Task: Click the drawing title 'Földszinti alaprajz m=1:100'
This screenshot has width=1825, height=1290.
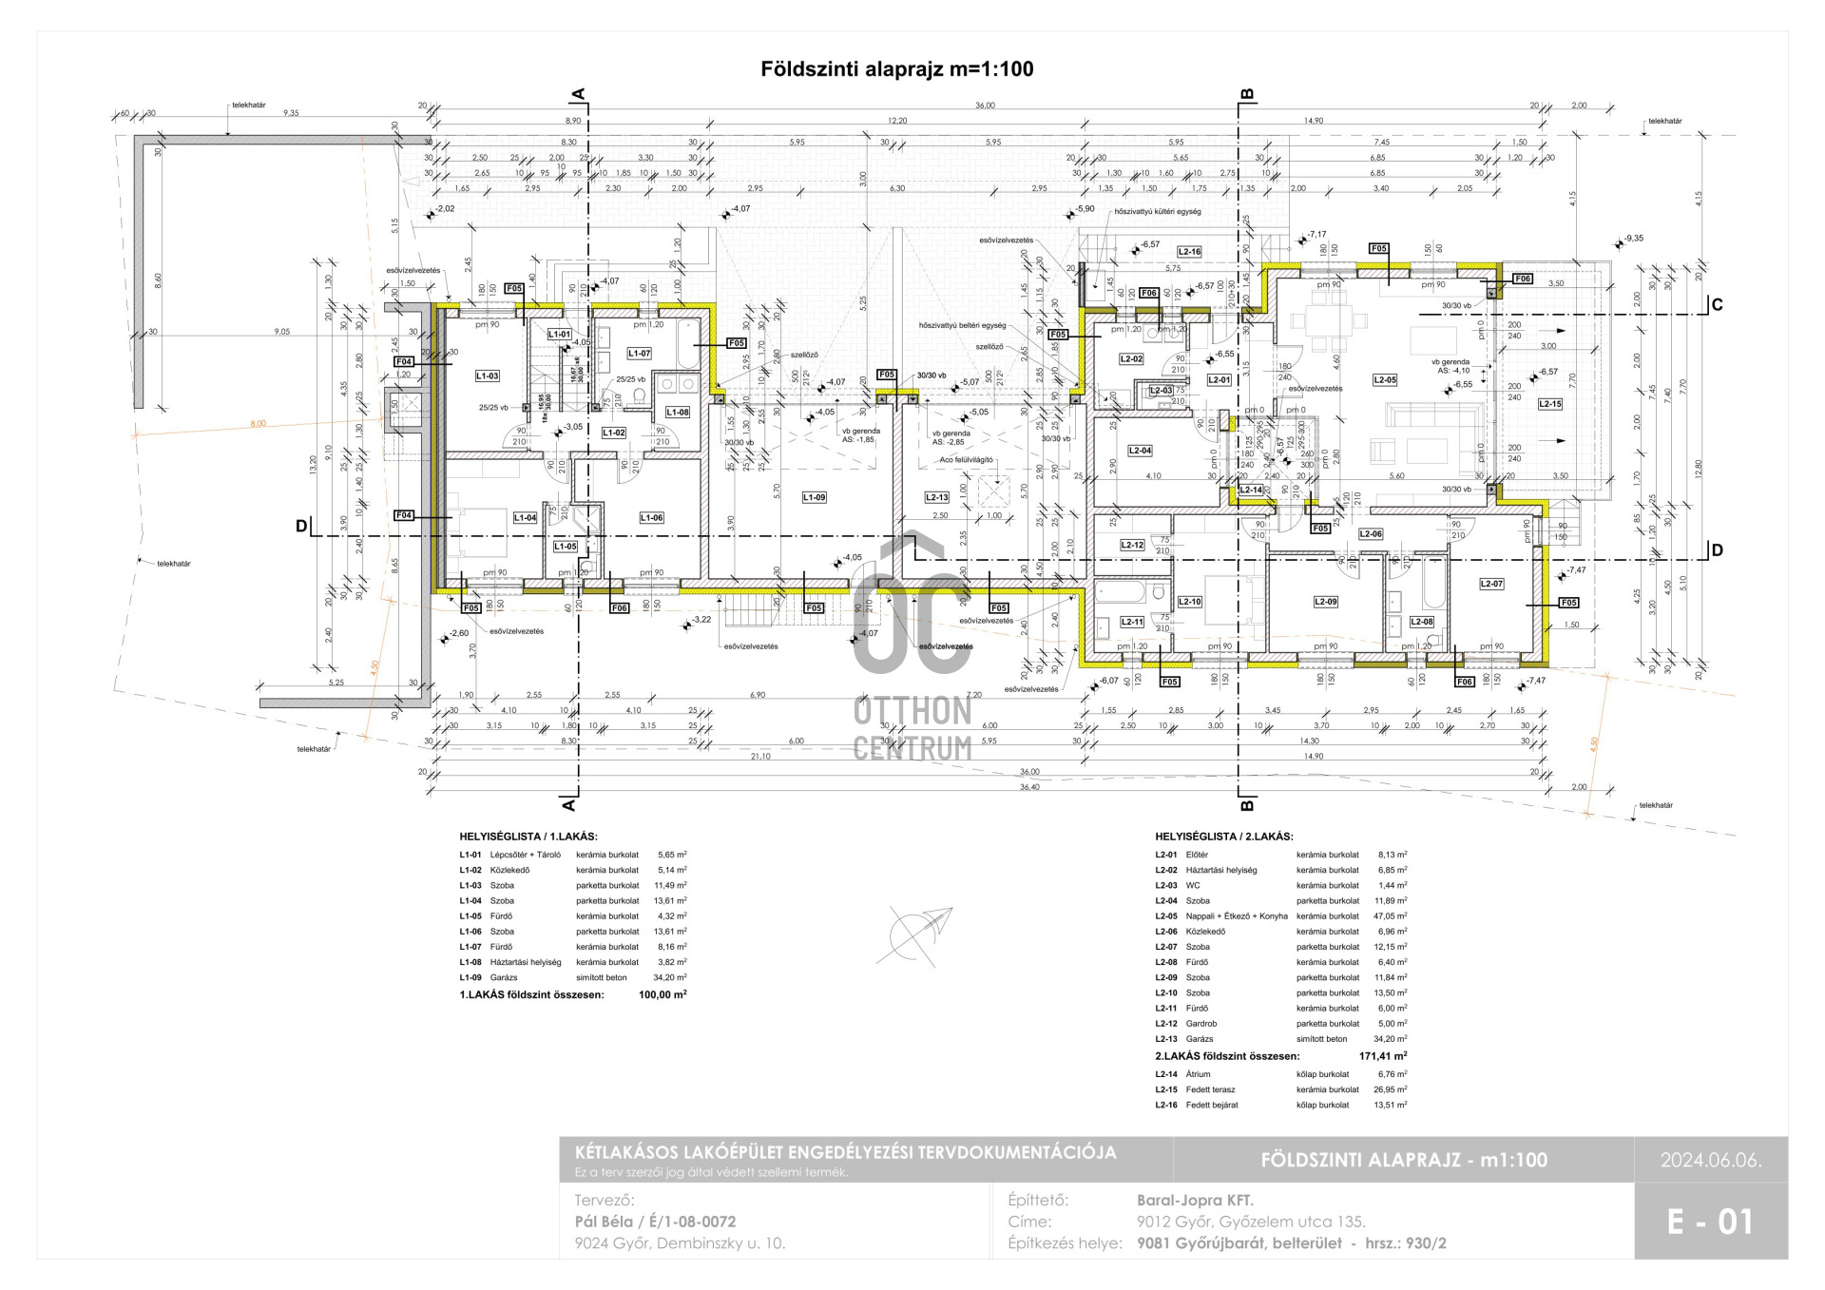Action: [896, 69]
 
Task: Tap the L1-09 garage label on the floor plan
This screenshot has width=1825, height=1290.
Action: [814, 497]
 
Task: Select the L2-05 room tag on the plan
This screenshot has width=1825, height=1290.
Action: [1385, 379]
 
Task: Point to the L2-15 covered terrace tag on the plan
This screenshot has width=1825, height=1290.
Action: [1549, 404]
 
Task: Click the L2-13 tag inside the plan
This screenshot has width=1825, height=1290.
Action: [936, 497]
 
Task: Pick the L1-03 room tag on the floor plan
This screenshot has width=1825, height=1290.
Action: [487, 376]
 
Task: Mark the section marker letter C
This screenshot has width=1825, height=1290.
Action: [1717, 305]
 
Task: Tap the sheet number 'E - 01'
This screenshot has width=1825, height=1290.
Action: [1710, 1222]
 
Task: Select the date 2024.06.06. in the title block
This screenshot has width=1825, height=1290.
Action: [1711, 1160]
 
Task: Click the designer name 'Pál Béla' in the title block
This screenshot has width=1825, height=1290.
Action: [608, 1222]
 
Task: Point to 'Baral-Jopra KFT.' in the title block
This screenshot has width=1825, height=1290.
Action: [1195, 1201]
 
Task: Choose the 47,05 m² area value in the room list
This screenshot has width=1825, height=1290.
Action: [1393, 916]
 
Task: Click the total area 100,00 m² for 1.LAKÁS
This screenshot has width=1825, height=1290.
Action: [663, 994]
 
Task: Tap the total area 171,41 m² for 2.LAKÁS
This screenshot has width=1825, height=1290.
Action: [1383, 1056]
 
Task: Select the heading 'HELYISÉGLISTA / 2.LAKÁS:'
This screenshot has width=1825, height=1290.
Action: [1224, 837]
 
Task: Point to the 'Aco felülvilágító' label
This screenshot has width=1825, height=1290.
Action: [966, 459]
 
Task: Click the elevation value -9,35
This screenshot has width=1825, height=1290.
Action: [1634, 240]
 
